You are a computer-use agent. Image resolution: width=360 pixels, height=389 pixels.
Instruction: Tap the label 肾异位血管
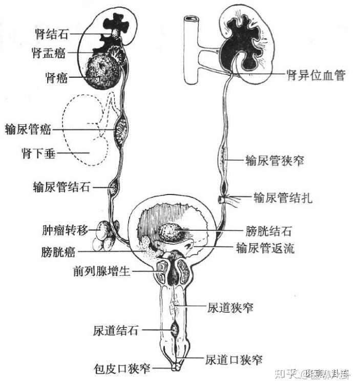(315, 75)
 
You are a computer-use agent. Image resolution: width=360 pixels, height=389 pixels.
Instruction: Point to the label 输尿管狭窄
(275, 160)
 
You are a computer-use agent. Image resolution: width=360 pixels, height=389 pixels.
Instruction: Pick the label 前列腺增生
(102, 270)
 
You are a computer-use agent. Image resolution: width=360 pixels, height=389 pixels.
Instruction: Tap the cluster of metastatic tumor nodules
(105, 236)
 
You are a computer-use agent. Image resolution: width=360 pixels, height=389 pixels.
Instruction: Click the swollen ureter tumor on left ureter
(122, 131)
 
